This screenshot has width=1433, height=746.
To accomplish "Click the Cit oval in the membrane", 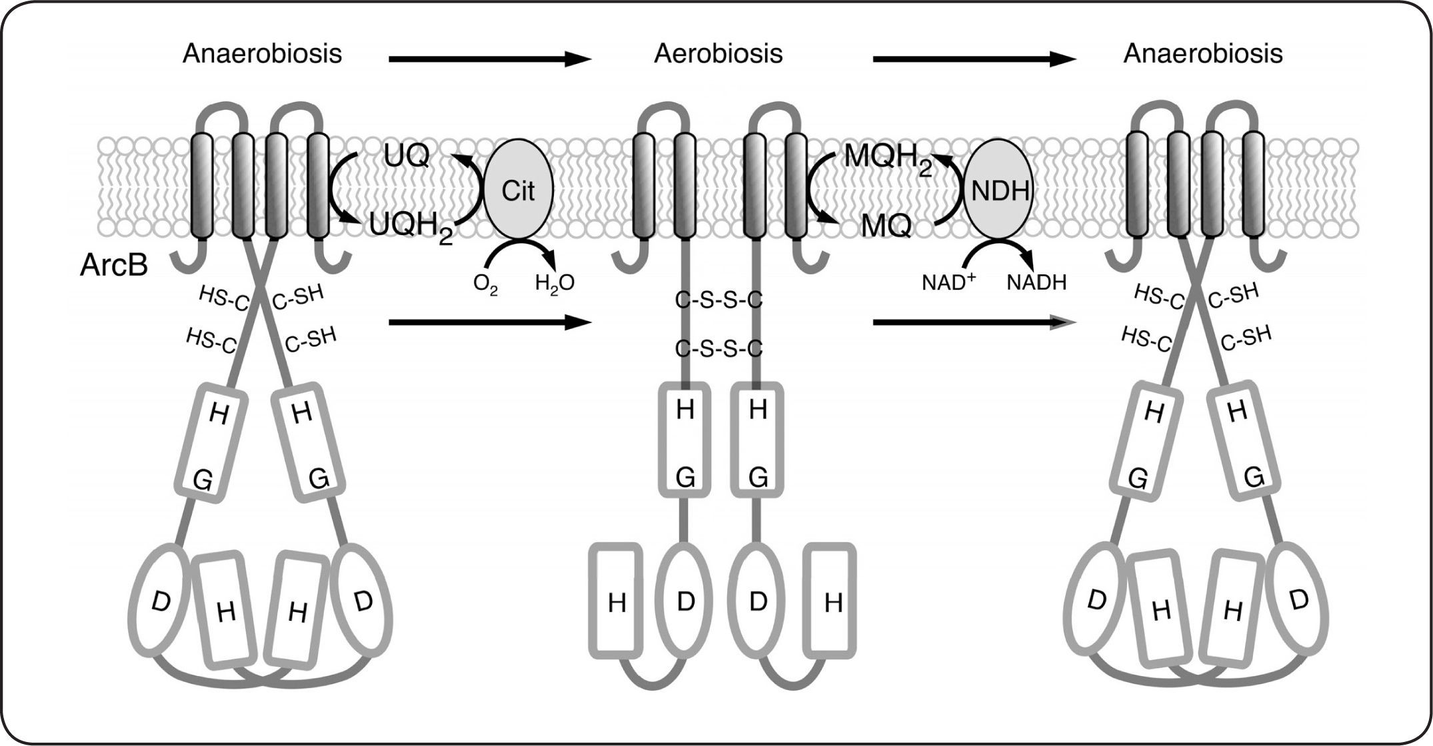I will [518, 191].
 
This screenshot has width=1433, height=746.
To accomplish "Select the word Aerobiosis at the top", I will [718, 53].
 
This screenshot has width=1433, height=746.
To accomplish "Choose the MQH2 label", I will [887, 160].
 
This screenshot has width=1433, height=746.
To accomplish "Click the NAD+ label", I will [948, 282].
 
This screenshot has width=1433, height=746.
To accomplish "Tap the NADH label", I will [1036, 282].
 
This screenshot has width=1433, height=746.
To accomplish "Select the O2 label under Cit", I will [485, 284].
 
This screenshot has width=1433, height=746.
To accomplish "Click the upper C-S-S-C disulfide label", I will [718, 301].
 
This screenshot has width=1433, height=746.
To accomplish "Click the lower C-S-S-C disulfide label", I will [718, 348].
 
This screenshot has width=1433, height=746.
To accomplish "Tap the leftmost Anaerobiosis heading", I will [262, 53].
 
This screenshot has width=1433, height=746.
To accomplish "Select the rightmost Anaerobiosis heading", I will [1202, 53].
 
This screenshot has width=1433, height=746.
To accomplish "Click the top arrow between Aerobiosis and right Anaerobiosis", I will [974, 59].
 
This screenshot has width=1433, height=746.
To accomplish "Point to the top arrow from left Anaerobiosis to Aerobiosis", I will [490, 59].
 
